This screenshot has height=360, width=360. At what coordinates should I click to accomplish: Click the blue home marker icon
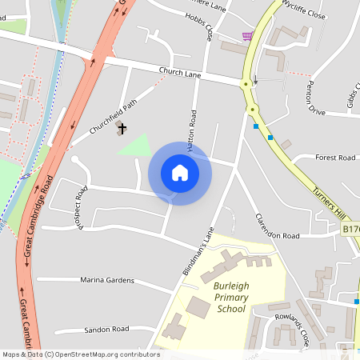[x=180, y=173]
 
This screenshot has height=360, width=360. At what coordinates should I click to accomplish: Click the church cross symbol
[x=123, y=128]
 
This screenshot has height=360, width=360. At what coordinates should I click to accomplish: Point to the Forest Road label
[x=335, y=158]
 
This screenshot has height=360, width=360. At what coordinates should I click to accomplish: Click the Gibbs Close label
[x=353, y=96]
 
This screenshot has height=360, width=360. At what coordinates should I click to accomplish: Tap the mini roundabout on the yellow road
[x=252, y=109]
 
